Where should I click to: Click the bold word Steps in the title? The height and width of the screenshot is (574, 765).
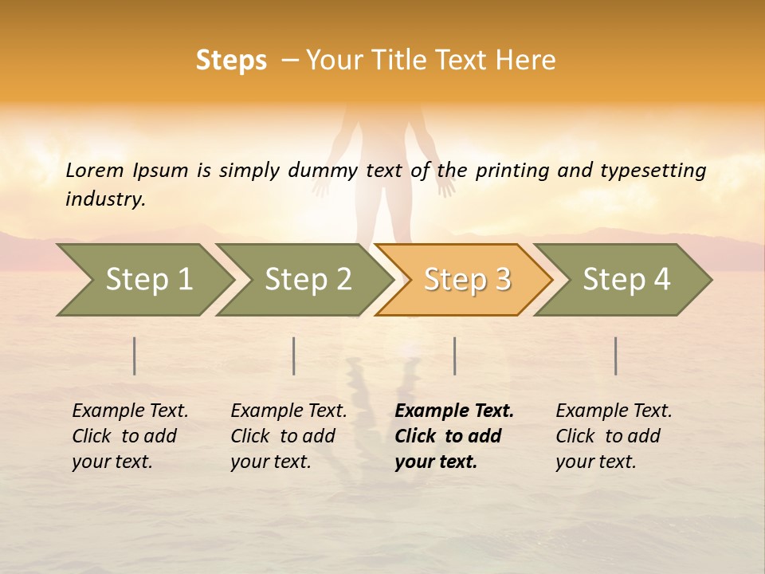click(231, 61)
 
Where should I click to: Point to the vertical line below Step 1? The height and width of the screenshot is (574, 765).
click(135, 356)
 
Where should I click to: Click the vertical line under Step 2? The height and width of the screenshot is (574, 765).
click(294, 356)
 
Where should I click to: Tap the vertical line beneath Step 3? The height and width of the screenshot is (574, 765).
click(455, 356)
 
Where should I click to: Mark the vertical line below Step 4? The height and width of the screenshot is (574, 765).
click(616, 356)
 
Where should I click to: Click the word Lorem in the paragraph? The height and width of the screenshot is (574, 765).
click(94, 171)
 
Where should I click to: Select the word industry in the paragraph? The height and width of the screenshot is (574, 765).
click(105, 199)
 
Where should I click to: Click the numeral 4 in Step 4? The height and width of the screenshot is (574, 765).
click(661, 280)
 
